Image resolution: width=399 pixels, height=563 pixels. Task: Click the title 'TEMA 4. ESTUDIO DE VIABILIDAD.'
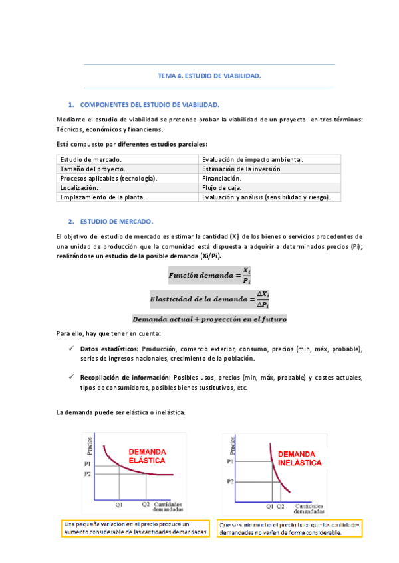click(x=209, y=76)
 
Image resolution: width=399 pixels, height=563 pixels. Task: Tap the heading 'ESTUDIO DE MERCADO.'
click(x=116, y=221)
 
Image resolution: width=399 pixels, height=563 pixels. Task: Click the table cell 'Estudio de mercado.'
click(x=91, y=160)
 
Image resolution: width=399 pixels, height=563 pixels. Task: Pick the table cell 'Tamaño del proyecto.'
click(x=92, y=169)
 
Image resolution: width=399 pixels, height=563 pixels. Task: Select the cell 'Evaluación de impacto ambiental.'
click(x=253, y=160)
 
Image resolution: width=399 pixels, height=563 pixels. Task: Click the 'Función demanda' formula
click(x=209, y=276)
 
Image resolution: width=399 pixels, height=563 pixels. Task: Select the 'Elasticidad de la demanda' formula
click(x=209, y=299)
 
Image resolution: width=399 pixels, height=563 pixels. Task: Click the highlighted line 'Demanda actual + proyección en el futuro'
click(x=209, y=319)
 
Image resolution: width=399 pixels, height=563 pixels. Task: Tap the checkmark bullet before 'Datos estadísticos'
click(x=71, y=349)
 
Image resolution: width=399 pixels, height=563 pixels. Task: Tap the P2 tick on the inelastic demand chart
click(x=230, y=480)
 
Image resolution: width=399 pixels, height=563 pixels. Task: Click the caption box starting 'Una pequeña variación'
click(x=136, y=528)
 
